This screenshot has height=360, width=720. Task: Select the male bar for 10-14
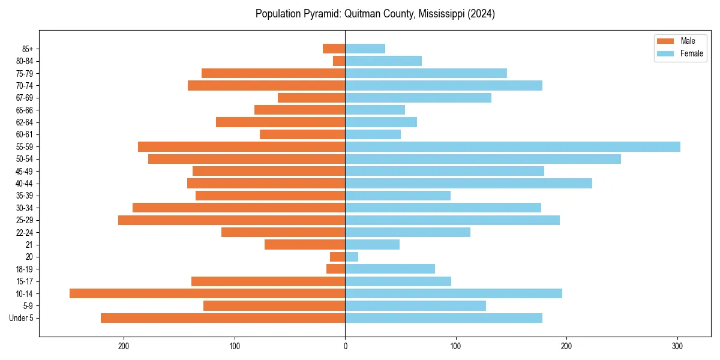207,293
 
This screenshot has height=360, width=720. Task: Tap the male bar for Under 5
223,318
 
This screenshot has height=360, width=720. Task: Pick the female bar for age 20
352,257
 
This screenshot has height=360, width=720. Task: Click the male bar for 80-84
339,61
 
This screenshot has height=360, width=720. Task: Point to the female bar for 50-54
483,159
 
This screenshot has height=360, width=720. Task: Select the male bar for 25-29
232,220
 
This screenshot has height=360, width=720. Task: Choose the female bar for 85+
365,49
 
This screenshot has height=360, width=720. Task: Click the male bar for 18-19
336,269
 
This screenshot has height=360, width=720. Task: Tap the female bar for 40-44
469,184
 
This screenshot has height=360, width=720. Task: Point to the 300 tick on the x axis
677,347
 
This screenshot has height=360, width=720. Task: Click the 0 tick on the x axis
345,347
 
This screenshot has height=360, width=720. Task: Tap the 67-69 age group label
25,98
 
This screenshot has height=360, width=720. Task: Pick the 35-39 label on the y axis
25,196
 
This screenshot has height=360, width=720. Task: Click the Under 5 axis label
22,318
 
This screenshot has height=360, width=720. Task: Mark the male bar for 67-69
311,98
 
